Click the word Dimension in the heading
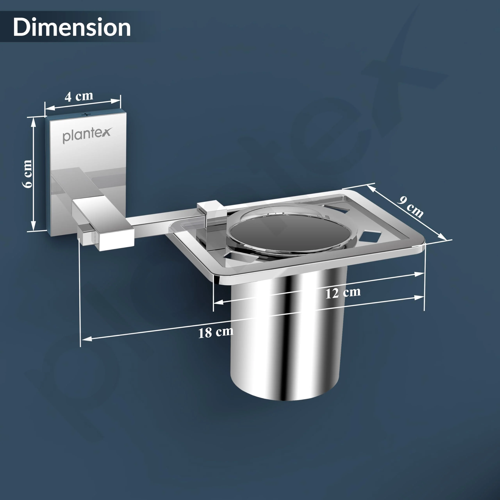(x=72, y=27)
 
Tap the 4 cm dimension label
(x=79, y=96)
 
